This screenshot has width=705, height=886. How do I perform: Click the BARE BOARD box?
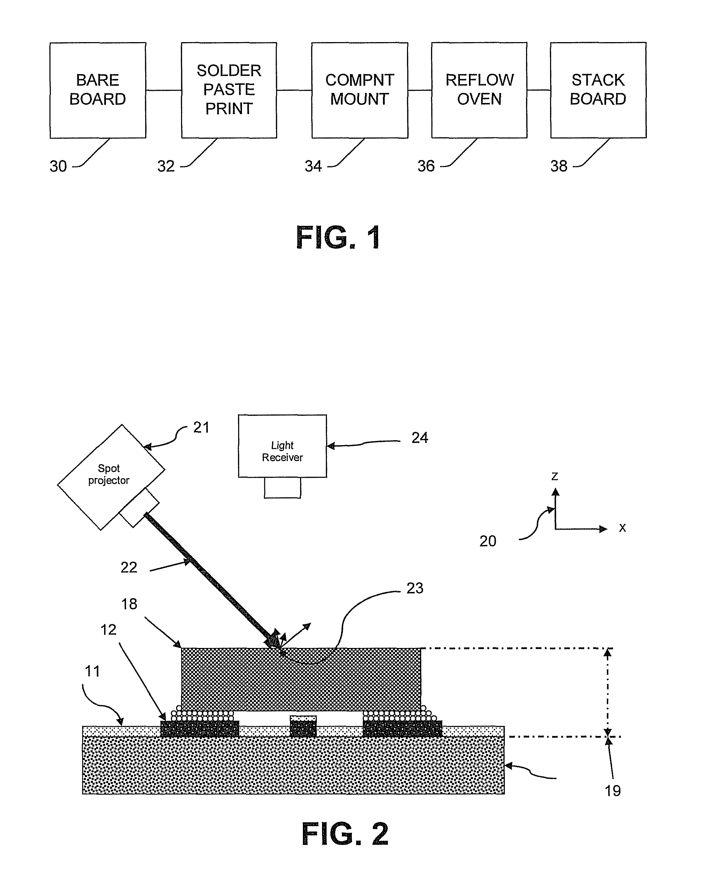98,90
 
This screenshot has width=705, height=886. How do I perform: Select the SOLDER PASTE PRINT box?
229,90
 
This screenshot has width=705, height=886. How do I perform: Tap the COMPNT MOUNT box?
360,90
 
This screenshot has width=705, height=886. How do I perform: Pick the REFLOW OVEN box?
479,90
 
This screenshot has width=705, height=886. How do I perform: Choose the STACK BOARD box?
598,90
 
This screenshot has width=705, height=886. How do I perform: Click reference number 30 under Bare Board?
58,166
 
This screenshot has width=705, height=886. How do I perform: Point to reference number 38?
559,166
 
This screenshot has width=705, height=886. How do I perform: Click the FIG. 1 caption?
339,238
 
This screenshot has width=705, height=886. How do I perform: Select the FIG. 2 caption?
345,834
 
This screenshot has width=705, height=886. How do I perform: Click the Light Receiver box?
282,446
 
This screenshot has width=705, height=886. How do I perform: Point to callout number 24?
420,438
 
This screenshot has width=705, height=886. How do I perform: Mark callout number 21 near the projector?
201,428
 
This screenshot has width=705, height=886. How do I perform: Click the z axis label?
555,476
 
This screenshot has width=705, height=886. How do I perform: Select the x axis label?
622,528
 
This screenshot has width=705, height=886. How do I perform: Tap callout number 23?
415,588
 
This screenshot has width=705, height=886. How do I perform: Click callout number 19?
612,791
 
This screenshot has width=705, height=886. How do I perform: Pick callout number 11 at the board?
93,672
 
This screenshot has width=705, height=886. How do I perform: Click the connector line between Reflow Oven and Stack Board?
539,90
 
